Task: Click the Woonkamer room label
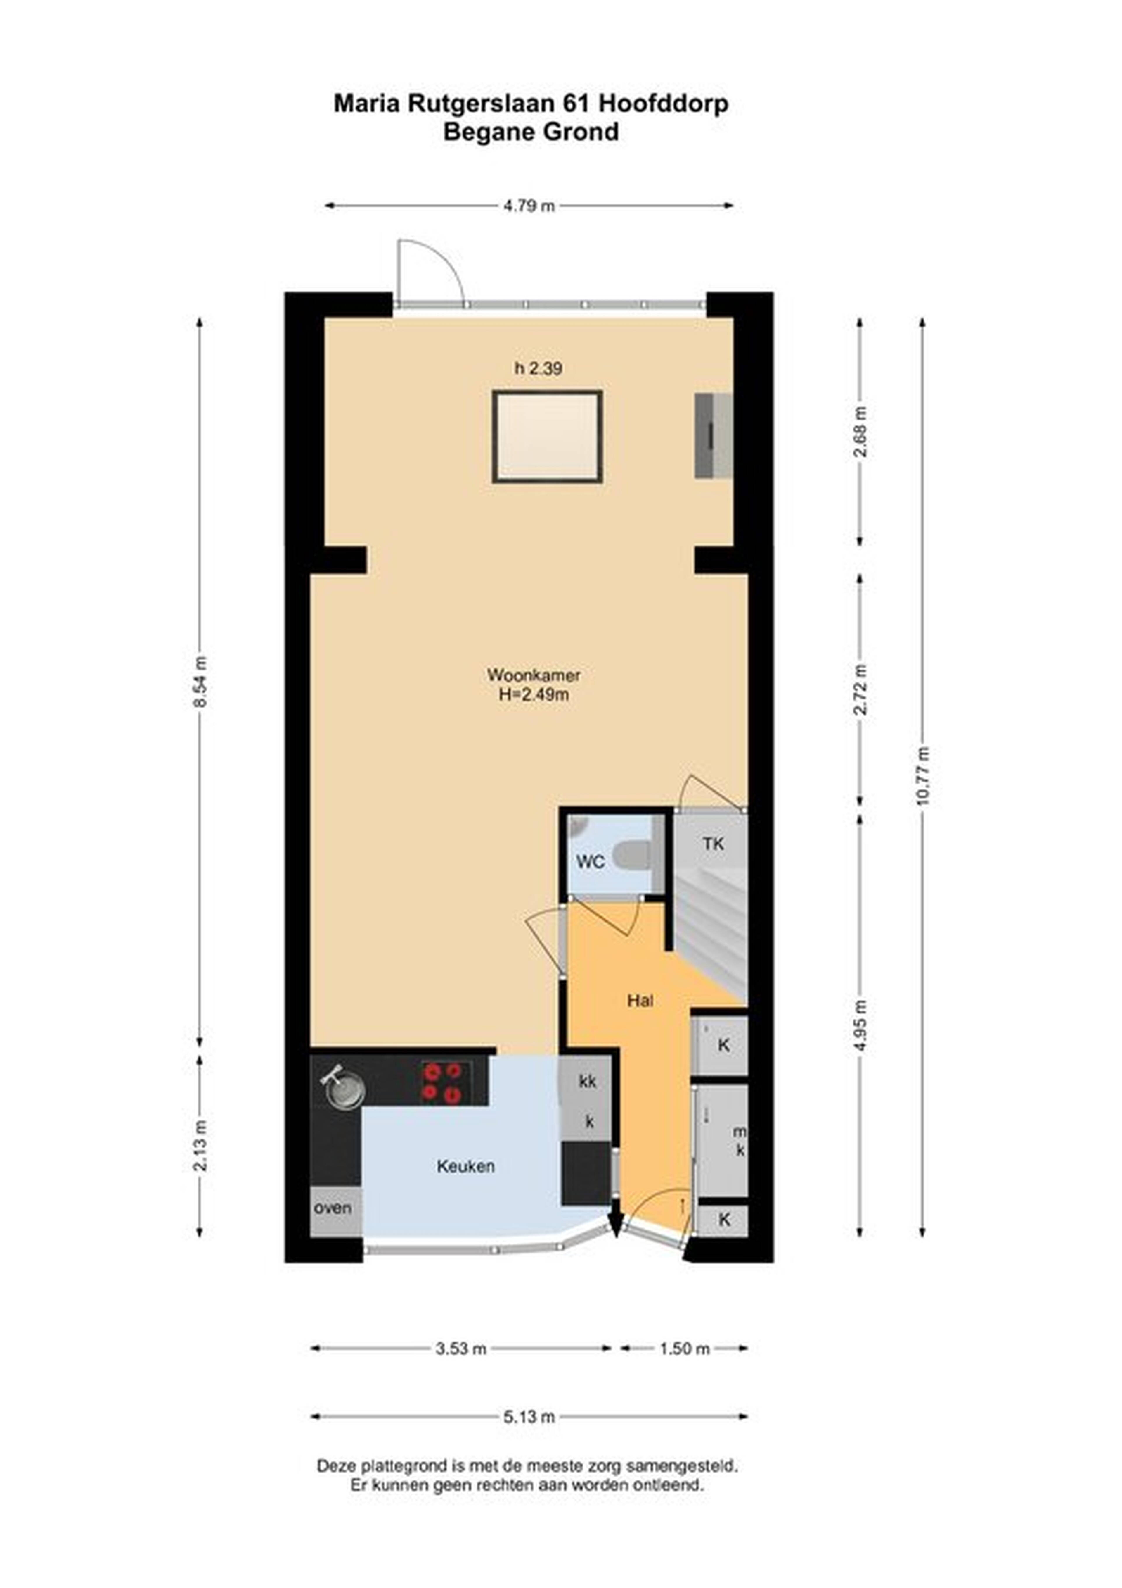pyautogui.click(x=534, y=674)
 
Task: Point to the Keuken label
pyautogui.click(x=466, y=1166)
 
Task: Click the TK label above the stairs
pyautogui.click(x=714, y=844)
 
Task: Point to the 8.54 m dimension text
pyautogui.click(x=200, y=681)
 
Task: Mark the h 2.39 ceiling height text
pyautogui.click(x=538, y=369)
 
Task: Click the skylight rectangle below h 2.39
pyautogui.click(x=548, y=437)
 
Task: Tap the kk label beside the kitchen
pyautogui.click(x=588, y=1081)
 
